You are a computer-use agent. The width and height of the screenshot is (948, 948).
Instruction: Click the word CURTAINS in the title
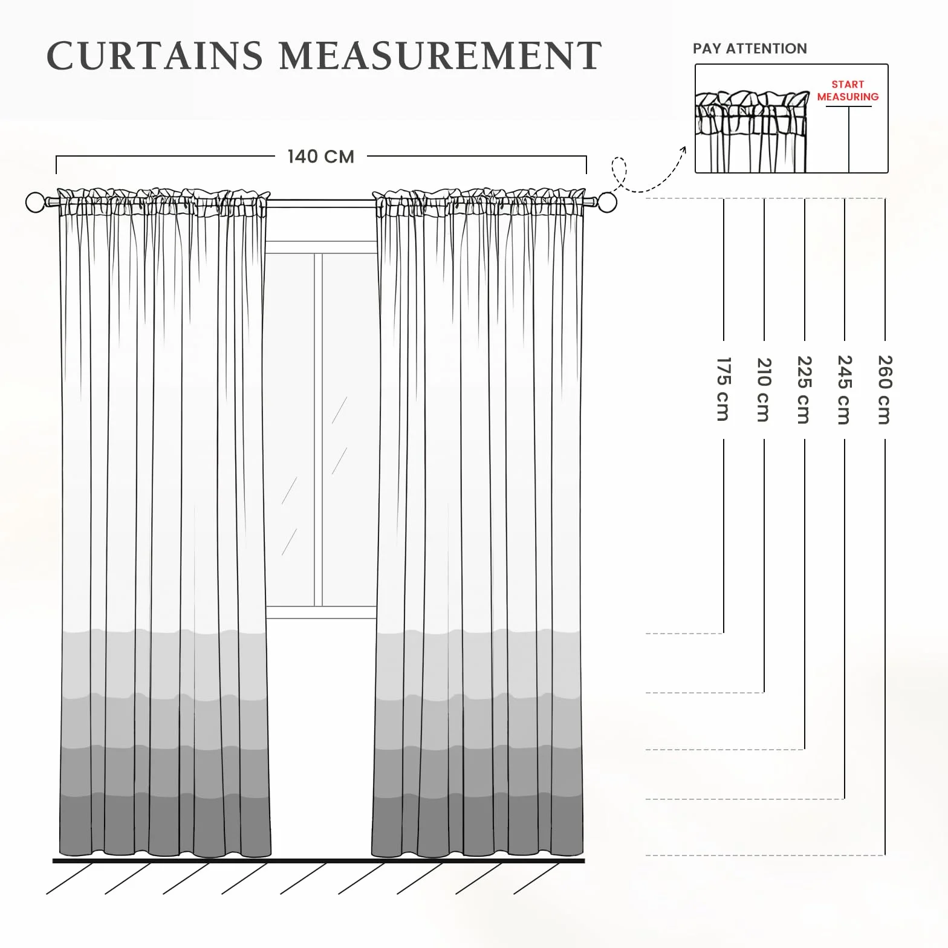[155, 56]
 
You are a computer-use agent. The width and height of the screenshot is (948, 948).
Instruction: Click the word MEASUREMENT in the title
[440, 56]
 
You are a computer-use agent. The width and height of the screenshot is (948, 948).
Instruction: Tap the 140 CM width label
[321, 157]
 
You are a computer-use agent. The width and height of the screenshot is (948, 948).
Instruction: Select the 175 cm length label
[724, 389]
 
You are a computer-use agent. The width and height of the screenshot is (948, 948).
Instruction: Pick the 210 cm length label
[764, 389]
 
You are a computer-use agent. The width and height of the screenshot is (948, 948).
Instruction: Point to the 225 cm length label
[805, 390]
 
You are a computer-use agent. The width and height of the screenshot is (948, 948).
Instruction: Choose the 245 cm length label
[845, 390]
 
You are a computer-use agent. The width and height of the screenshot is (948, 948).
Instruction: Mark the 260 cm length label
[885, 390]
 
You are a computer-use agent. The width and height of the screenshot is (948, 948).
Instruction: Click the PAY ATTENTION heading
[750, 48]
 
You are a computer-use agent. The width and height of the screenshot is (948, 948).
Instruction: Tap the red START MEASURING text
[848, 91]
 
